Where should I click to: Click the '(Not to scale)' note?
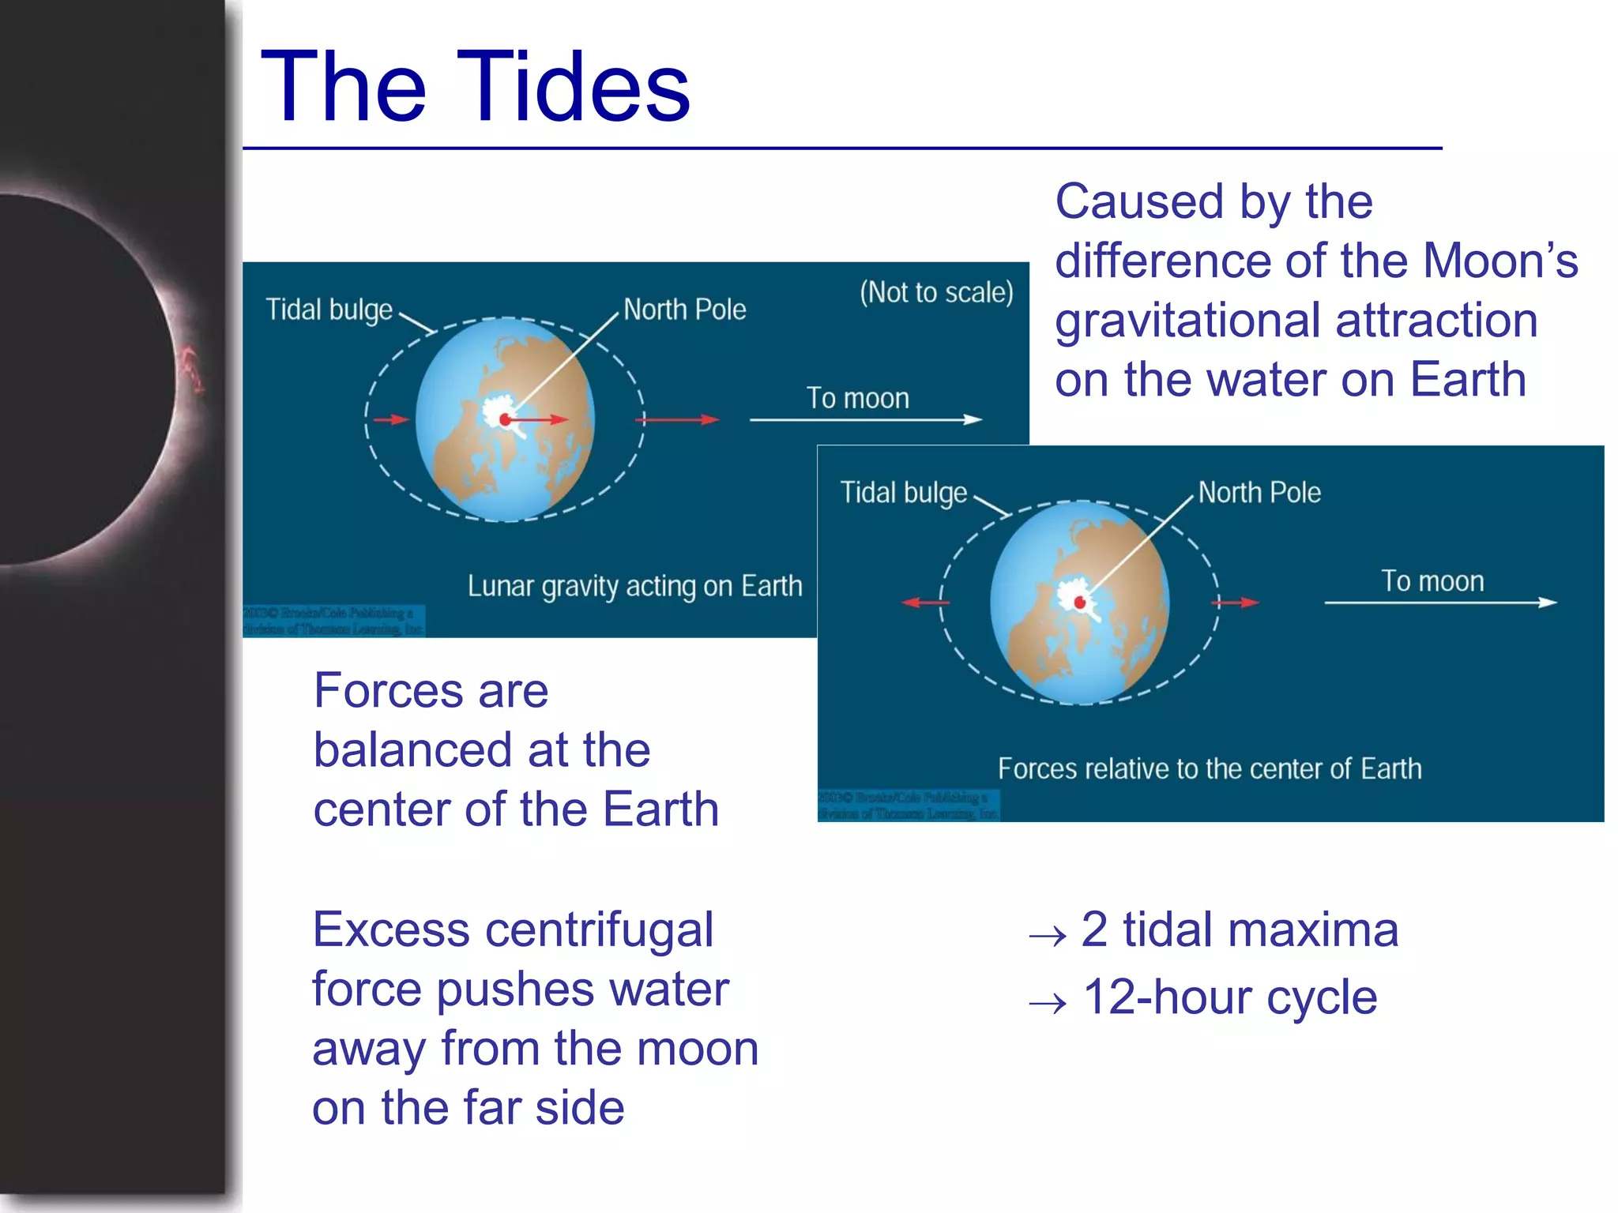point(936,293)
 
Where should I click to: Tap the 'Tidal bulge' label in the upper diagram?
point(329,310)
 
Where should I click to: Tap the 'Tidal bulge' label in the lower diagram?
point(903,493)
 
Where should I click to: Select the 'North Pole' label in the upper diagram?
point(684,310)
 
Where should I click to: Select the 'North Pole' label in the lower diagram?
point(1259,493)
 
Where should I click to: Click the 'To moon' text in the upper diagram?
point(857,398)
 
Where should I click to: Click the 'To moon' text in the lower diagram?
point(1432,581)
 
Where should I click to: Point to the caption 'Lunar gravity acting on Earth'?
point(634,587)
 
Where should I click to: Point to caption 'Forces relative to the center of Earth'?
point(1209,769)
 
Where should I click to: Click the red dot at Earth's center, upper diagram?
point(505,420)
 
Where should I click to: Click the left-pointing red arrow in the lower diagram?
point(924,603)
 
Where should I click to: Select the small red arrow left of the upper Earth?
point(390,419)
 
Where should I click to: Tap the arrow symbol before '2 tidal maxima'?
point(1048,937)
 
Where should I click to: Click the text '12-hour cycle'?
point(1229,997)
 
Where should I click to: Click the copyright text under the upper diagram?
point(333,621)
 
